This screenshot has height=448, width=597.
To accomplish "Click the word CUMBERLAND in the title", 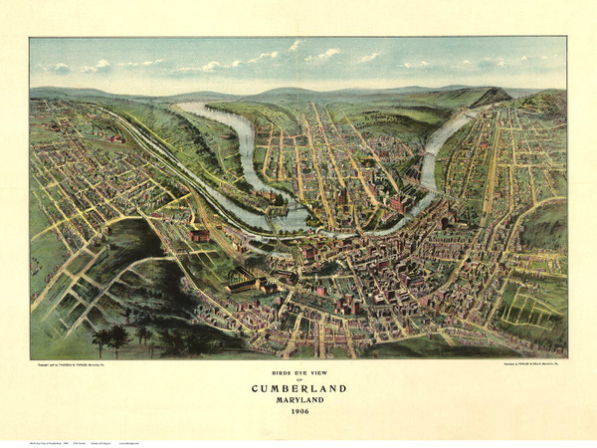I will [x=298, y=388].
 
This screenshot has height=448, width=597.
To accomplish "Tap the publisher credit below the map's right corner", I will [x=507, y=365].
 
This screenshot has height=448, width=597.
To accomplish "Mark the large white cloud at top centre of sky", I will [x=323, y=56].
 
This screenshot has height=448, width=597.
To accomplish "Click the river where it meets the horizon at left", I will [x=189, y=107].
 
